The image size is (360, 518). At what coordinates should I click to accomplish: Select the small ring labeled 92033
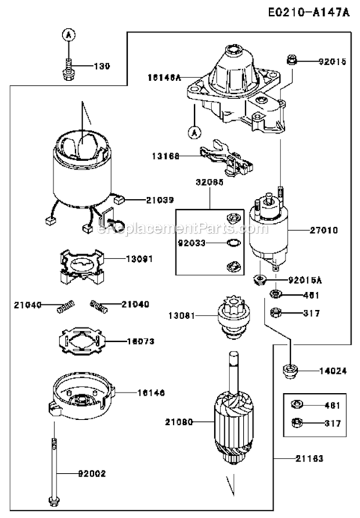click(x=234, y=243)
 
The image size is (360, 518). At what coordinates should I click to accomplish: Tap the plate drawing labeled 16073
click(x=82, y=342)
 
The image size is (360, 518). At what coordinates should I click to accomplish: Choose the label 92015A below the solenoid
click(x=304, y=280)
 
